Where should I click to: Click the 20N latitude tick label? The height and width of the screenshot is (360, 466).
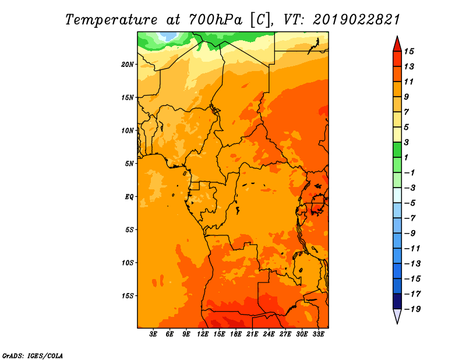(127, 65)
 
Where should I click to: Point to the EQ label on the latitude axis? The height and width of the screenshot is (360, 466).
(129, 197)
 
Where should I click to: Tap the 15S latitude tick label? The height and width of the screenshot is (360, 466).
(127, 296)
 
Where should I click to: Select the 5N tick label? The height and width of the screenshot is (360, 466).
(129, 164)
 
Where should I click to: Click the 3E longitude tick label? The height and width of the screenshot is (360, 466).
(153, 334)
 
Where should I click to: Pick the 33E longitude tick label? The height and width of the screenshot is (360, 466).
(318, 334)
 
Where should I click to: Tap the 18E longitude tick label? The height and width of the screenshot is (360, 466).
(236, 334)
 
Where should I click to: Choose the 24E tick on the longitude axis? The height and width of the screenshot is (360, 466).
(269, 334)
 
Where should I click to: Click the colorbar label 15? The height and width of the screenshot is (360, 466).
(409, 51)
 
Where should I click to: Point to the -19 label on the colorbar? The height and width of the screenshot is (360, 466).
(412, 309)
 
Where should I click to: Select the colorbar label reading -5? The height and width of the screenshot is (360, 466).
(410, 203)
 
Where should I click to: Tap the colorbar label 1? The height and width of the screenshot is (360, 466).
(406, 157)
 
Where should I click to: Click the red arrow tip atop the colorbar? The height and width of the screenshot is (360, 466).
(397, 36)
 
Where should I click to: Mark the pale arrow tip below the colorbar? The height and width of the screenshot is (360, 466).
(397, 323)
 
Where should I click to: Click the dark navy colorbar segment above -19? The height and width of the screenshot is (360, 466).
(397, 301)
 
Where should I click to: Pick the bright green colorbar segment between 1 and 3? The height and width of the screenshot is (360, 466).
(397, 150)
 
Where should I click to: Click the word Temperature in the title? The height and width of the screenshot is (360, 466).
(111, 20)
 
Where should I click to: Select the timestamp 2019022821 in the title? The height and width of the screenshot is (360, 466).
(356, 20)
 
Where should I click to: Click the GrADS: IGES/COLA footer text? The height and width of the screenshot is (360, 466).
(33, 356)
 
